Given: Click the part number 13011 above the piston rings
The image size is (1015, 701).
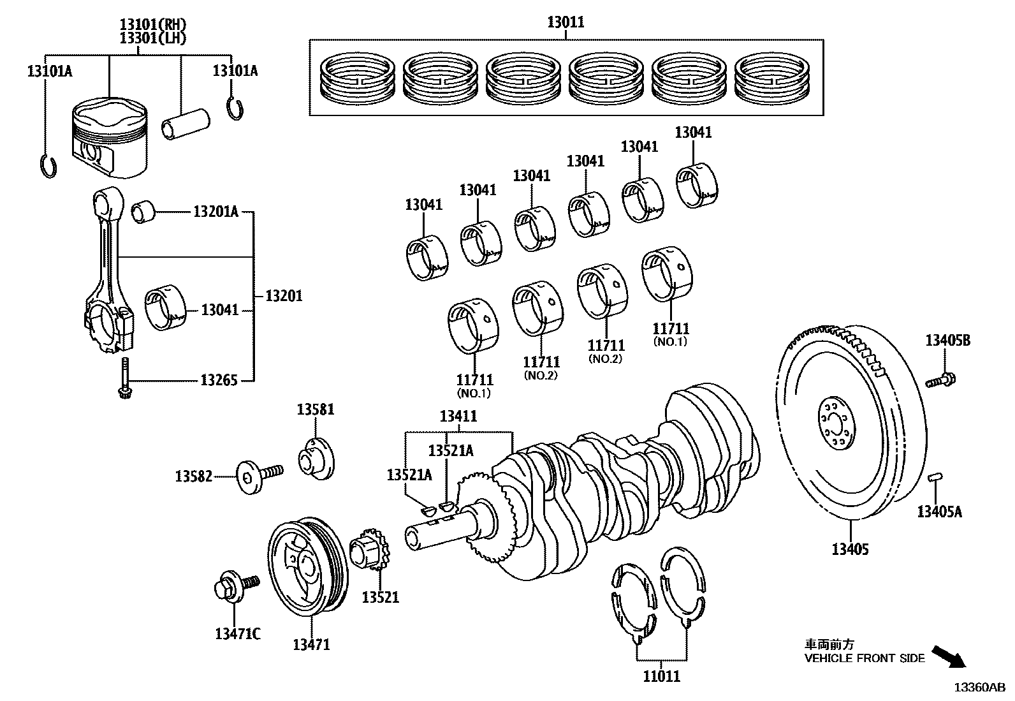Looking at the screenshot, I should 566,22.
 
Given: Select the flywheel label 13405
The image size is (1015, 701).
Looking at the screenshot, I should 850,549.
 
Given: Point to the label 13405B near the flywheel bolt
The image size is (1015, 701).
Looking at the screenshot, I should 948,341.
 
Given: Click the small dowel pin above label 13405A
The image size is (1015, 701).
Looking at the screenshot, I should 935,476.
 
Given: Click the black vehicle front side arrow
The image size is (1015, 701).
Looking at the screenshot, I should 948,656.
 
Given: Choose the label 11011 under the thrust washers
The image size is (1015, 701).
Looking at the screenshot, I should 661,675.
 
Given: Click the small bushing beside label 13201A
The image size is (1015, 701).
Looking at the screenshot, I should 143,212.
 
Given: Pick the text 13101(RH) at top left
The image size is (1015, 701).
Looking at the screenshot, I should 153,24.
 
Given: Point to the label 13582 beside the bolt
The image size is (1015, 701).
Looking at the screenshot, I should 194,476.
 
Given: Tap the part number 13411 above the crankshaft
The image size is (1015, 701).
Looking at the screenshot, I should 458,417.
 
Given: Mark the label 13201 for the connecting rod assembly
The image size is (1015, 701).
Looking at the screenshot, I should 284,296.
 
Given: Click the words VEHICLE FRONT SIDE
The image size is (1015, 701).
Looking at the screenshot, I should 864,658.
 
